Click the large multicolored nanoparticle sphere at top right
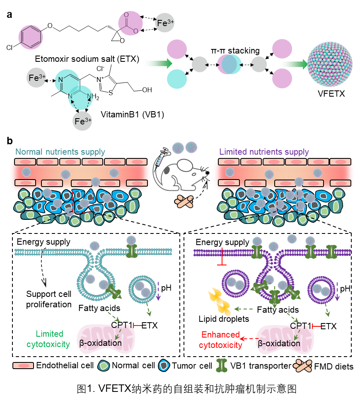(x=330, y=64)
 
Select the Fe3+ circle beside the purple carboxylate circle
(x=165, y=24)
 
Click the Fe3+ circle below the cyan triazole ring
(x=82, y=121)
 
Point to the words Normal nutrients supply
(x=60, y=152)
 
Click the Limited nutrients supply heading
(x=264, y=152)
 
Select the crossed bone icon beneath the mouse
(x=184, y=202)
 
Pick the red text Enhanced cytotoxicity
(x=220, y=340)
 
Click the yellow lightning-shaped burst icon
(x=219, y=301)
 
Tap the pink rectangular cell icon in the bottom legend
(x=23, y=366)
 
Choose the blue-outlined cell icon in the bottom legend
(x=164, y=365)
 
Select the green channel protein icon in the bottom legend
(x=222, y=365)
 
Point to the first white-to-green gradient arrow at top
(x=157, y=63)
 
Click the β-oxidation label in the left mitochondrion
(x=100, y=343)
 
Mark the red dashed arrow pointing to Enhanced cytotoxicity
(x=249, y=339)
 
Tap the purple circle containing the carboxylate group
(x=130, y=23)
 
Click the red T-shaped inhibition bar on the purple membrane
(x=222, y=256)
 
